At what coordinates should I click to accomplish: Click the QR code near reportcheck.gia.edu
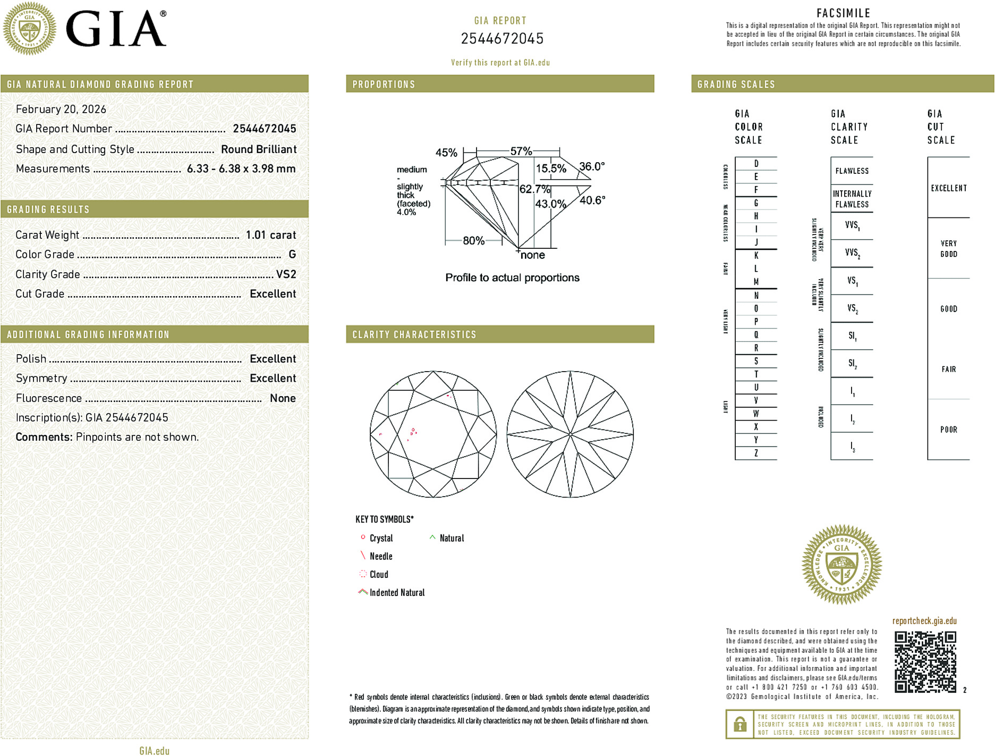(x=925, y=662)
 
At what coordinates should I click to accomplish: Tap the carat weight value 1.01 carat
(x=270, y=235)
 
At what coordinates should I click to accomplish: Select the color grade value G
(x=292, y=255)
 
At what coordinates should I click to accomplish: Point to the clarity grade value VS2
(x=286, y=274)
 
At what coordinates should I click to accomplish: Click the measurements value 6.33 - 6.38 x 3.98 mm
(x=241, y=169)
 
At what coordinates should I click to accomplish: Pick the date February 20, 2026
(x=61, y=110)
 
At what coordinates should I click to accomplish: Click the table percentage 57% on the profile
(x=521, y=152)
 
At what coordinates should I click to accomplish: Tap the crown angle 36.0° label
(x=592, y=166)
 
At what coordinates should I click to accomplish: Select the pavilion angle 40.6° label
(x=592, y=200)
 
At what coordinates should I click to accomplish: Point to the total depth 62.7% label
(x=534, y=189)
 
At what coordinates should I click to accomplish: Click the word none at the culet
(x=533, y=255)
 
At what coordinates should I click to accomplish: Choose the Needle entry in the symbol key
(x=380, y=557)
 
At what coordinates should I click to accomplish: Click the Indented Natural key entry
(x=397, y=593)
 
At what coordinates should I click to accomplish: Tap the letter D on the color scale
(x=756, y=164)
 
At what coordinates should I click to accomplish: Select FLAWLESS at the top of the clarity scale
(x=852, y=171)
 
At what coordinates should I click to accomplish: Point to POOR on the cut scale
(x=948, y=430)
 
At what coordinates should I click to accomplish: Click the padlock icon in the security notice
(x=739, y=724)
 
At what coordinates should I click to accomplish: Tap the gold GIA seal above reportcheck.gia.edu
(x=841, y=565)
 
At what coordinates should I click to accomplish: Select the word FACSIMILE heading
(x=843, y=13)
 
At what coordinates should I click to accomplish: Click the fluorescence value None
(x=283, y=398)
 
